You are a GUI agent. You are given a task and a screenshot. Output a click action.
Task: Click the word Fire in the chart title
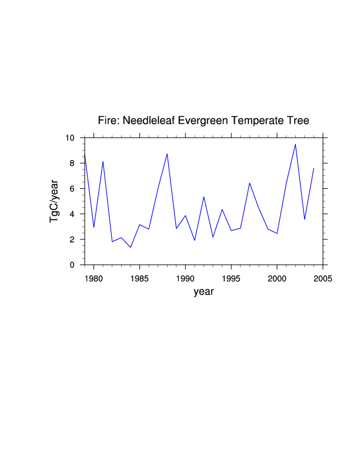pyautogui.click(x=108, y=121)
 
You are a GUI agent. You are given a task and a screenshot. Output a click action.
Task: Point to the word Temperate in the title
pyautogui.click(x=259, y=121)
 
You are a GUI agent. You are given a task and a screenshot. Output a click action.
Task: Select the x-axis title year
pyautogui.click(x=204, y=292)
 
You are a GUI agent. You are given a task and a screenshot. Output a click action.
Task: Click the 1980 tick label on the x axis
pyautogui.click(x=94, y=277)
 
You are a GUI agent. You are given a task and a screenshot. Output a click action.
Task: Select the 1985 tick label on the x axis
pyautogui.click(x=139, y=277)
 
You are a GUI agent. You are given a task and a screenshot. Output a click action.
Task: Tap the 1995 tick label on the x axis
pyautogui.click(x=231, y=277)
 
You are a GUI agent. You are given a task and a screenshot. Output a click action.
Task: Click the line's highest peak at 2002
pyautogui.click(x=295, y=144)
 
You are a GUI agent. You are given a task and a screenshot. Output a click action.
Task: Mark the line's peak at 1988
pyautogui.click(x=167, y=154)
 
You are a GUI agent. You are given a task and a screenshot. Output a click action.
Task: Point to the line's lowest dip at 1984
pyautogui.click(x=131, y=247)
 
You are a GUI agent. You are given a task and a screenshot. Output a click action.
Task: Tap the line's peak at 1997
pyautogui.click(x=249, y=183)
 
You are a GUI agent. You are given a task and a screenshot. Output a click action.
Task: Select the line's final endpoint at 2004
pyautogui.click(x=314, y=168)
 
